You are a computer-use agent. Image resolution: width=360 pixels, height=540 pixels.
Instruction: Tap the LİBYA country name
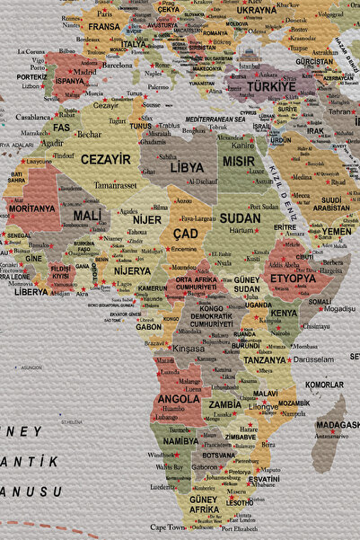point(187,167)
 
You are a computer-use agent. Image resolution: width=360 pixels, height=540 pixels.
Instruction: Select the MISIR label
point(239,162)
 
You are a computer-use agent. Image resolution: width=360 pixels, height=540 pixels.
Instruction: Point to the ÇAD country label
point(185,235)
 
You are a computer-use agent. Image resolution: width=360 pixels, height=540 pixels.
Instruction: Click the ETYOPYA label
point(294,279)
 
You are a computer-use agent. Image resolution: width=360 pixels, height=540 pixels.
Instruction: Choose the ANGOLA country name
point(179,398)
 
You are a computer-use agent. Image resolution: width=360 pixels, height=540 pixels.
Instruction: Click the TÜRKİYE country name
point(271,86)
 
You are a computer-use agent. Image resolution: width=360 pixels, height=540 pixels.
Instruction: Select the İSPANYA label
point(70,80)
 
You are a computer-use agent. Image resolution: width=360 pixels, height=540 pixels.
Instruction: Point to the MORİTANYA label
point(31,208)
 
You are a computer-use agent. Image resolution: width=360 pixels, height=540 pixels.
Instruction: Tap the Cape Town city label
point(168,527)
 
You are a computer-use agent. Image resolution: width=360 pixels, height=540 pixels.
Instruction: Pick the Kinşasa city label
point(188,348)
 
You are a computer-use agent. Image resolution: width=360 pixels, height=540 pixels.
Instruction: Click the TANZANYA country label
point(265,359)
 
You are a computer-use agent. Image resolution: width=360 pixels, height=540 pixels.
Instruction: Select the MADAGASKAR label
point(338,424)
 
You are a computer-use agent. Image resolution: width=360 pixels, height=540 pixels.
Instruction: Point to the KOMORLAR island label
point(324,385)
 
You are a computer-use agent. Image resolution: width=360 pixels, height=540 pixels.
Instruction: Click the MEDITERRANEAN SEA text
point(215,119)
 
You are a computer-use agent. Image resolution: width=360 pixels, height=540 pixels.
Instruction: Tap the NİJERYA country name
point(132,270)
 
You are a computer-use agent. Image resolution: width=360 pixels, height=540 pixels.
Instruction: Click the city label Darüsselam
point(312,359)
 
